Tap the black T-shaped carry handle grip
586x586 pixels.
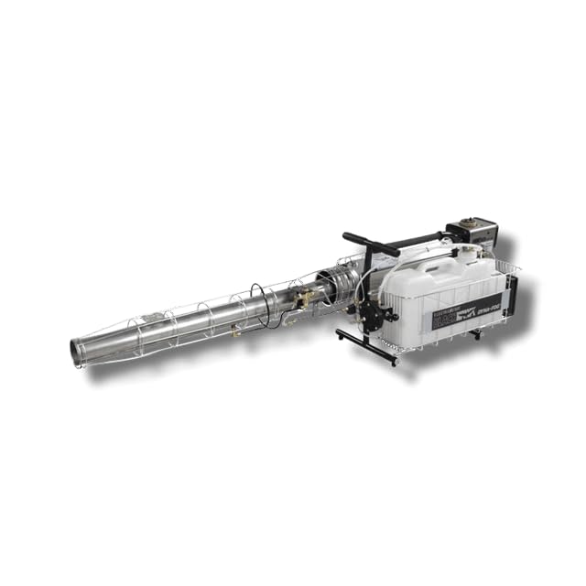coord(371,243)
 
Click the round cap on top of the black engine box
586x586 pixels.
coord(471,223)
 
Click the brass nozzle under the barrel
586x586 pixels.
coord(237,332)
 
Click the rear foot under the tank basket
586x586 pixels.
coord(474,334)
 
